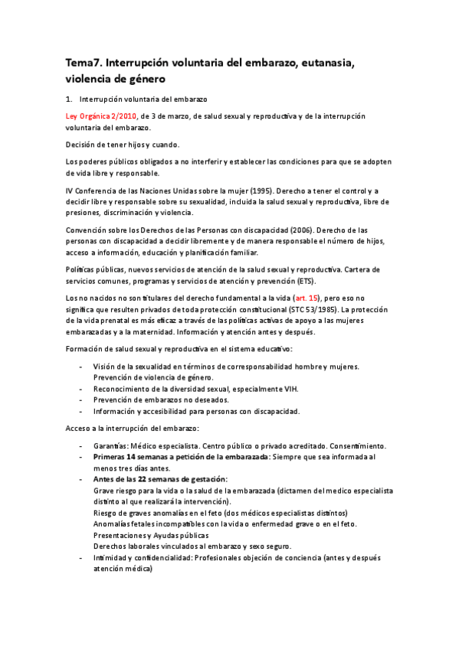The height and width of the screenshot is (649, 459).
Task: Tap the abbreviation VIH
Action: coord(289,389)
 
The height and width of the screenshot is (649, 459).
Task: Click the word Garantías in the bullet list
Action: coord(111,446)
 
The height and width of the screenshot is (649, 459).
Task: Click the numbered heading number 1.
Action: coord(69,99)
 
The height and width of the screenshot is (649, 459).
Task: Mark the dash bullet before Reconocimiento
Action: coord(82,389)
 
